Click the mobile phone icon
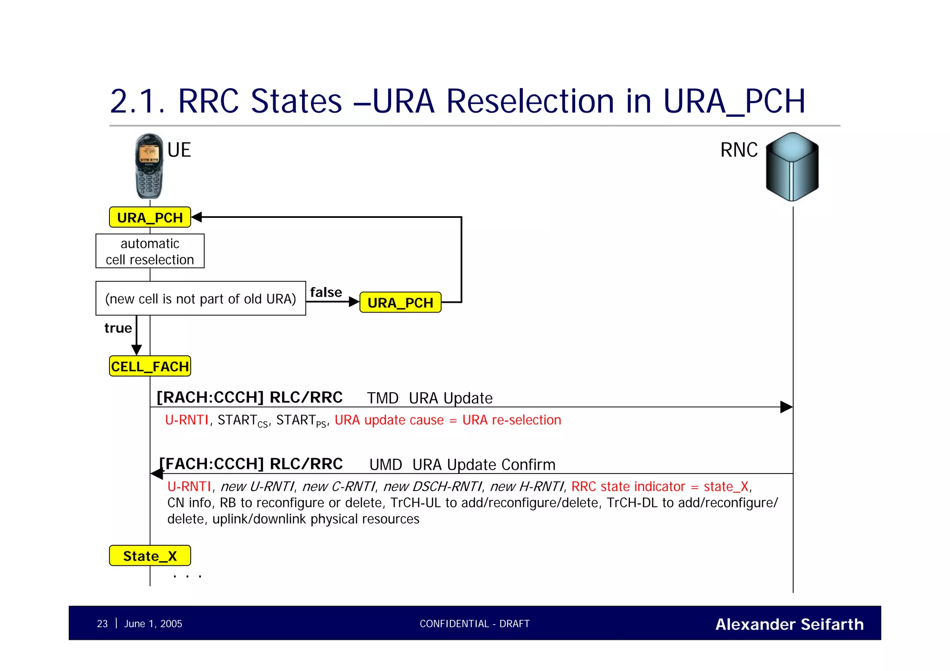[149, 166]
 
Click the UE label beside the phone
[179, 150]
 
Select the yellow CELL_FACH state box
[150, 366]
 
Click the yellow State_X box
[150, 556]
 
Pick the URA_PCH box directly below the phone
[150, 217]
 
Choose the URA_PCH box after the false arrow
[400, 302]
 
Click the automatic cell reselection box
[150, 251]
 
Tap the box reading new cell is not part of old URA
[200, 299]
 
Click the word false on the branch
[326, 292]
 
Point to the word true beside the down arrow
[118, 328]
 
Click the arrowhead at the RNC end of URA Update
[786, 407]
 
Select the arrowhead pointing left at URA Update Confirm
[157, 473]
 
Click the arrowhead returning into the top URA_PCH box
[197, 217]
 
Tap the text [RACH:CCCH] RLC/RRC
[250, 397]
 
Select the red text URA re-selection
[512, 420]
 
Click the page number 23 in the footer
[102, 624]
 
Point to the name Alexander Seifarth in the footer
[789, 624]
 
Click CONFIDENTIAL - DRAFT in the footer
[475, 624]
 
